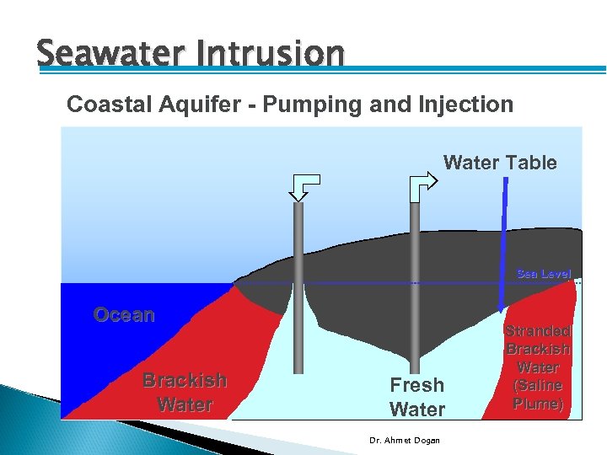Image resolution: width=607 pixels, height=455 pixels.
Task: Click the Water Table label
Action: click(500, 163)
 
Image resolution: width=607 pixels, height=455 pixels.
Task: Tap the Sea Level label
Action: click(543, 274)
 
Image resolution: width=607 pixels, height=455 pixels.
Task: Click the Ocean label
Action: click(124, 315)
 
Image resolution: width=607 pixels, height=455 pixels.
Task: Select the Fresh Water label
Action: click(416, 397)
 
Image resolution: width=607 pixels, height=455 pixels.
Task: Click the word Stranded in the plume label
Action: click(538, 331)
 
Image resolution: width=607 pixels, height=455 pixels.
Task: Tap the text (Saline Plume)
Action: click(538, 394)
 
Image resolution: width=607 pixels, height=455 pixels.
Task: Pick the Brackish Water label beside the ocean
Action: click(185, 392)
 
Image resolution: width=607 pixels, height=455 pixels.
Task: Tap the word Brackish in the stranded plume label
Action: click(538, 349)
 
